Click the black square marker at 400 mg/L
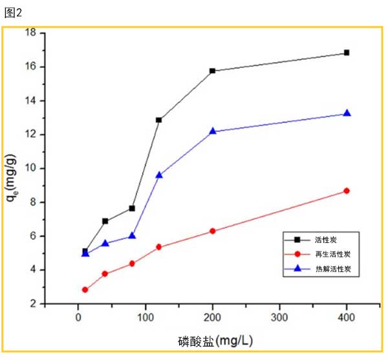(x=347, y=53)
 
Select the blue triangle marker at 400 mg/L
(x=347, y=113)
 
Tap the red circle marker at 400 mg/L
(x=347, y=191)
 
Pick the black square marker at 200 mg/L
(x=213, y=70)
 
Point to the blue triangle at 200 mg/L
(x=213, y=131)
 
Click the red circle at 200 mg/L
(x=213, y=231)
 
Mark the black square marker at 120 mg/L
(x=159, y=120)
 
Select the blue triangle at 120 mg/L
(x=159, y=175)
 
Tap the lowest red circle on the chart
(x=85, y=290)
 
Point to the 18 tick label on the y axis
(x=30, y=33)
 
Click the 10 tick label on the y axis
(x=30, y=168)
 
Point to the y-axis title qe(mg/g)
(x=12, y=178)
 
